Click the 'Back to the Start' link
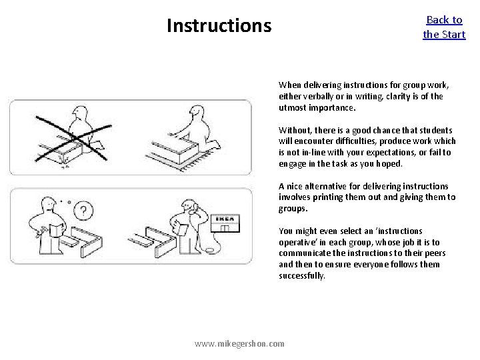(444, 27)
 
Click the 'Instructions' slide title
(219, 25)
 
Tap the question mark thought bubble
(83, 211)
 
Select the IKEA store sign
(225, 219)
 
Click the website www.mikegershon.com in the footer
(239, 343)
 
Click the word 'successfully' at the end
(302, 275)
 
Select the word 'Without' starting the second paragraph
(295, 130)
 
